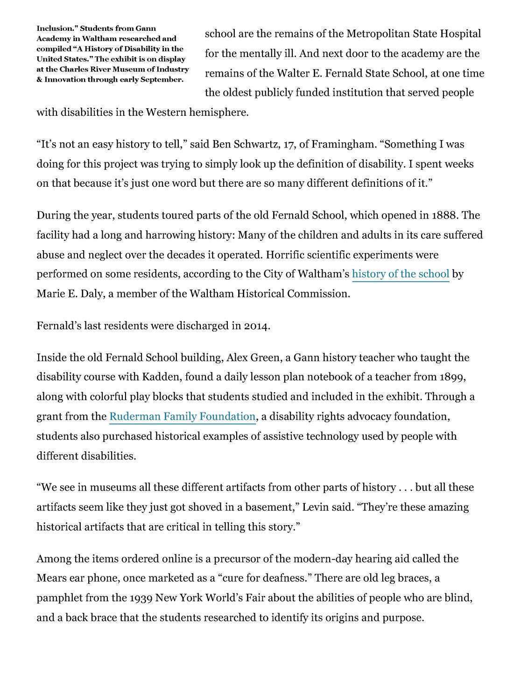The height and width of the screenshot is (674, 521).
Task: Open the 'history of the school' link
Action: pyautogui.click(x=401, y=274)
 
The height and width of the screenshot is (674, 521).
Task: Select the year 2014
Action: pyautogui.click(x=256, y=326)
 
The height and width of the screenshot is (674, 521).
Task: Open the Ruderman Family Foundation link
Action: pyautogui.click(x=183, y=416)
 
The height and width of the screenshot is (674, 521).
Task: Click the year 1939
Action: pyautogui.click(x=141, y=598)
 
